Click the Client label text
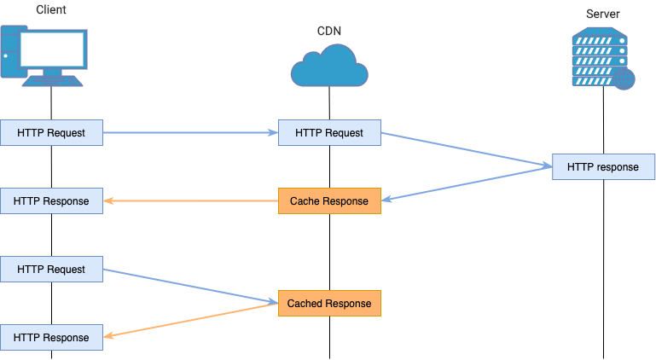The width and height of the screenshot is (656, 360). (52, 10)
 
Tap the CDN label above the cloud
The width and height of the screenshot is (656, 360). (328, 32)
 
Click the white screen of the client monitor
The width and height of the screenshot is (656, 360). (52, 49)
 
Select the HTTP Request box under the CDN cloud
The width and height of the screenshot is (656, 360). (329, 133)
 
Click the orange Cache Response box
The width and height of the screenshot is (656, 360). (329, 201)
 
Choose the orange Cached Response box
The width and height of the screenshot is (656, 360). (329, 304)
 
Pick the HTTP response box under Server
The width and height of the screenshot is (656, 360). (603, 167)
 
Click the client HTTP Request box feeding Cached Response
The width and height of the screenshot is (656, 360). (51, 270)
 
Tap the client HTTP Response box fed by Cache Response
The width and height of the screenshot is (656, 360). (51, 201)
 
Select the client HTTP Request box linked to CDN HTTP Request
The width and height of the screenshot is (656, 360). (51, 133)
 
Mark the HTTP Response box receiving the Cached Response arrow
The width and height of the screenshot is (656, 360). (51, 338)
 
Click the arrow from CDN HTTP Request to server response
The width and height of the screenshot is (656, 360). (466, 149)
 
